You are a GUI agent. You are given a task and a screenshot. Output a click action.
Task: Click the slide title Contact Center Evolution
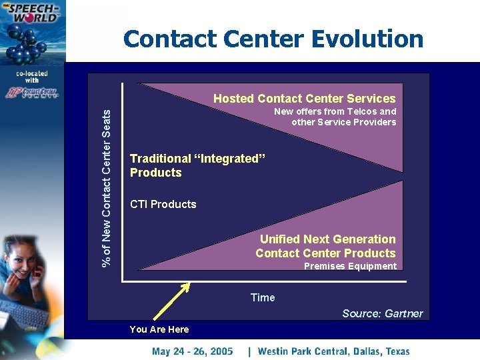[273, 39]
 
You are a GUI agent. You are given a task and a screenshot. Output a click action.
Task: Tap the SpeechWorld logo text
[30, 13]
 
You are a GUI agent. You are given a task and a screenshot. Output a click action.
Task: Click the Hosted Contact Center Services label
[304, 99]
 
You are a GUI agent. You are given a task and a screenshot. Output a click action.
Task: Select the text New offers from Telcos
[335, 111]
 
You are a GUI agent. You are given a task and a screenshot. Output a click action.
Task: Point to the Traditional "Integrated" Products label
[197, 165]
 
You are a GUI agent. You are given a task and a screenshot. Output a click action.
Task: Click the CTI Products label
[163, 204]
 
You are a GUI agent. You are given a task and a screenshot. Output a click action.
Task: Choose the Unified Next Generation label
[327, 239]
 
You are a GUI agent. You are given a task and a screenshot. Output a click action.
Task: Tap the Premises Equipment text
[350, 266]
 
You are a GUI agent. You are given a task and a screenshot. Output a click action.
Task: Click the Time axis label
[262, 297]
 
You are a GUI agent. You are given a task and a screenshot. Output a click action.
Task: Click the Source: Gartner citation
[382, 313]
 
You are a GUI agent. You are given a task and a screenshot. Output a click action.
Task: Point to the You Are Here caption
[159, 329]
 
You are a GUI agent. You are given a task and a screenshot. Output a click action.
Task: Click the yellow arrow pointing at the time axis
[172, 304]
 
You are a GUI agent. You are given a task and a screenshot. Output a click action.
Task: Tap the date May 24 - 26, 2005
[192, 351]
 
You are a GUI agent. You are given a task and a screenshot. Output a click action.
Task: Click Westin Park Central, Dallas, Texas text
[333, 351]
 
